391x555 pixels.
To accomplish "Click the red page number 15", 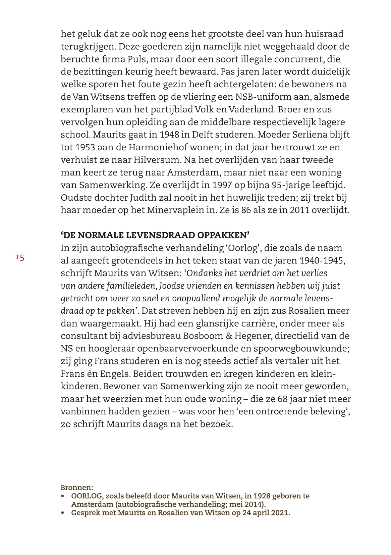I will [19, 258].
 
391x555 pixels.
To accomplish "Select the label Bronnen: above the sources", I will [77, 487].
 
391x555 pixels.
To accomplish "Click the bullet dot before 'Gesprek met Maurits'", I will [62, 513].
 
